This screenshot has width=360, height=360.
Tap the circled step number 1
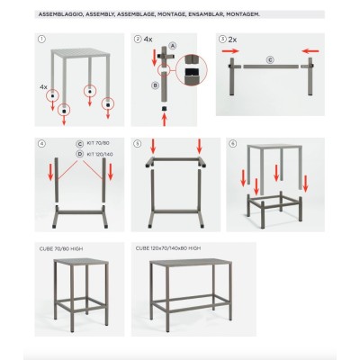(40, 40)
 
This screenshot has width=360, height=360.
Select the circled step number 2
(136, 40)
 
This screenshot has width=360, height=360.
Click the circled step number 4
(40, 144)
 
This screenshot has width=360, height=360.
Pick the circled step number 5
(136, 144)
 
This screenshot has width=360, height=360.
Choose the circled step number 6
(232, 144)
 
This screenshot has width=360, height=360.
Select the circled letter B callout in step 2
(155, 85)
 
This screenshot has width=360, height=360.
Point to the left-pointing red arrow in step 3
(311, 51)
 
